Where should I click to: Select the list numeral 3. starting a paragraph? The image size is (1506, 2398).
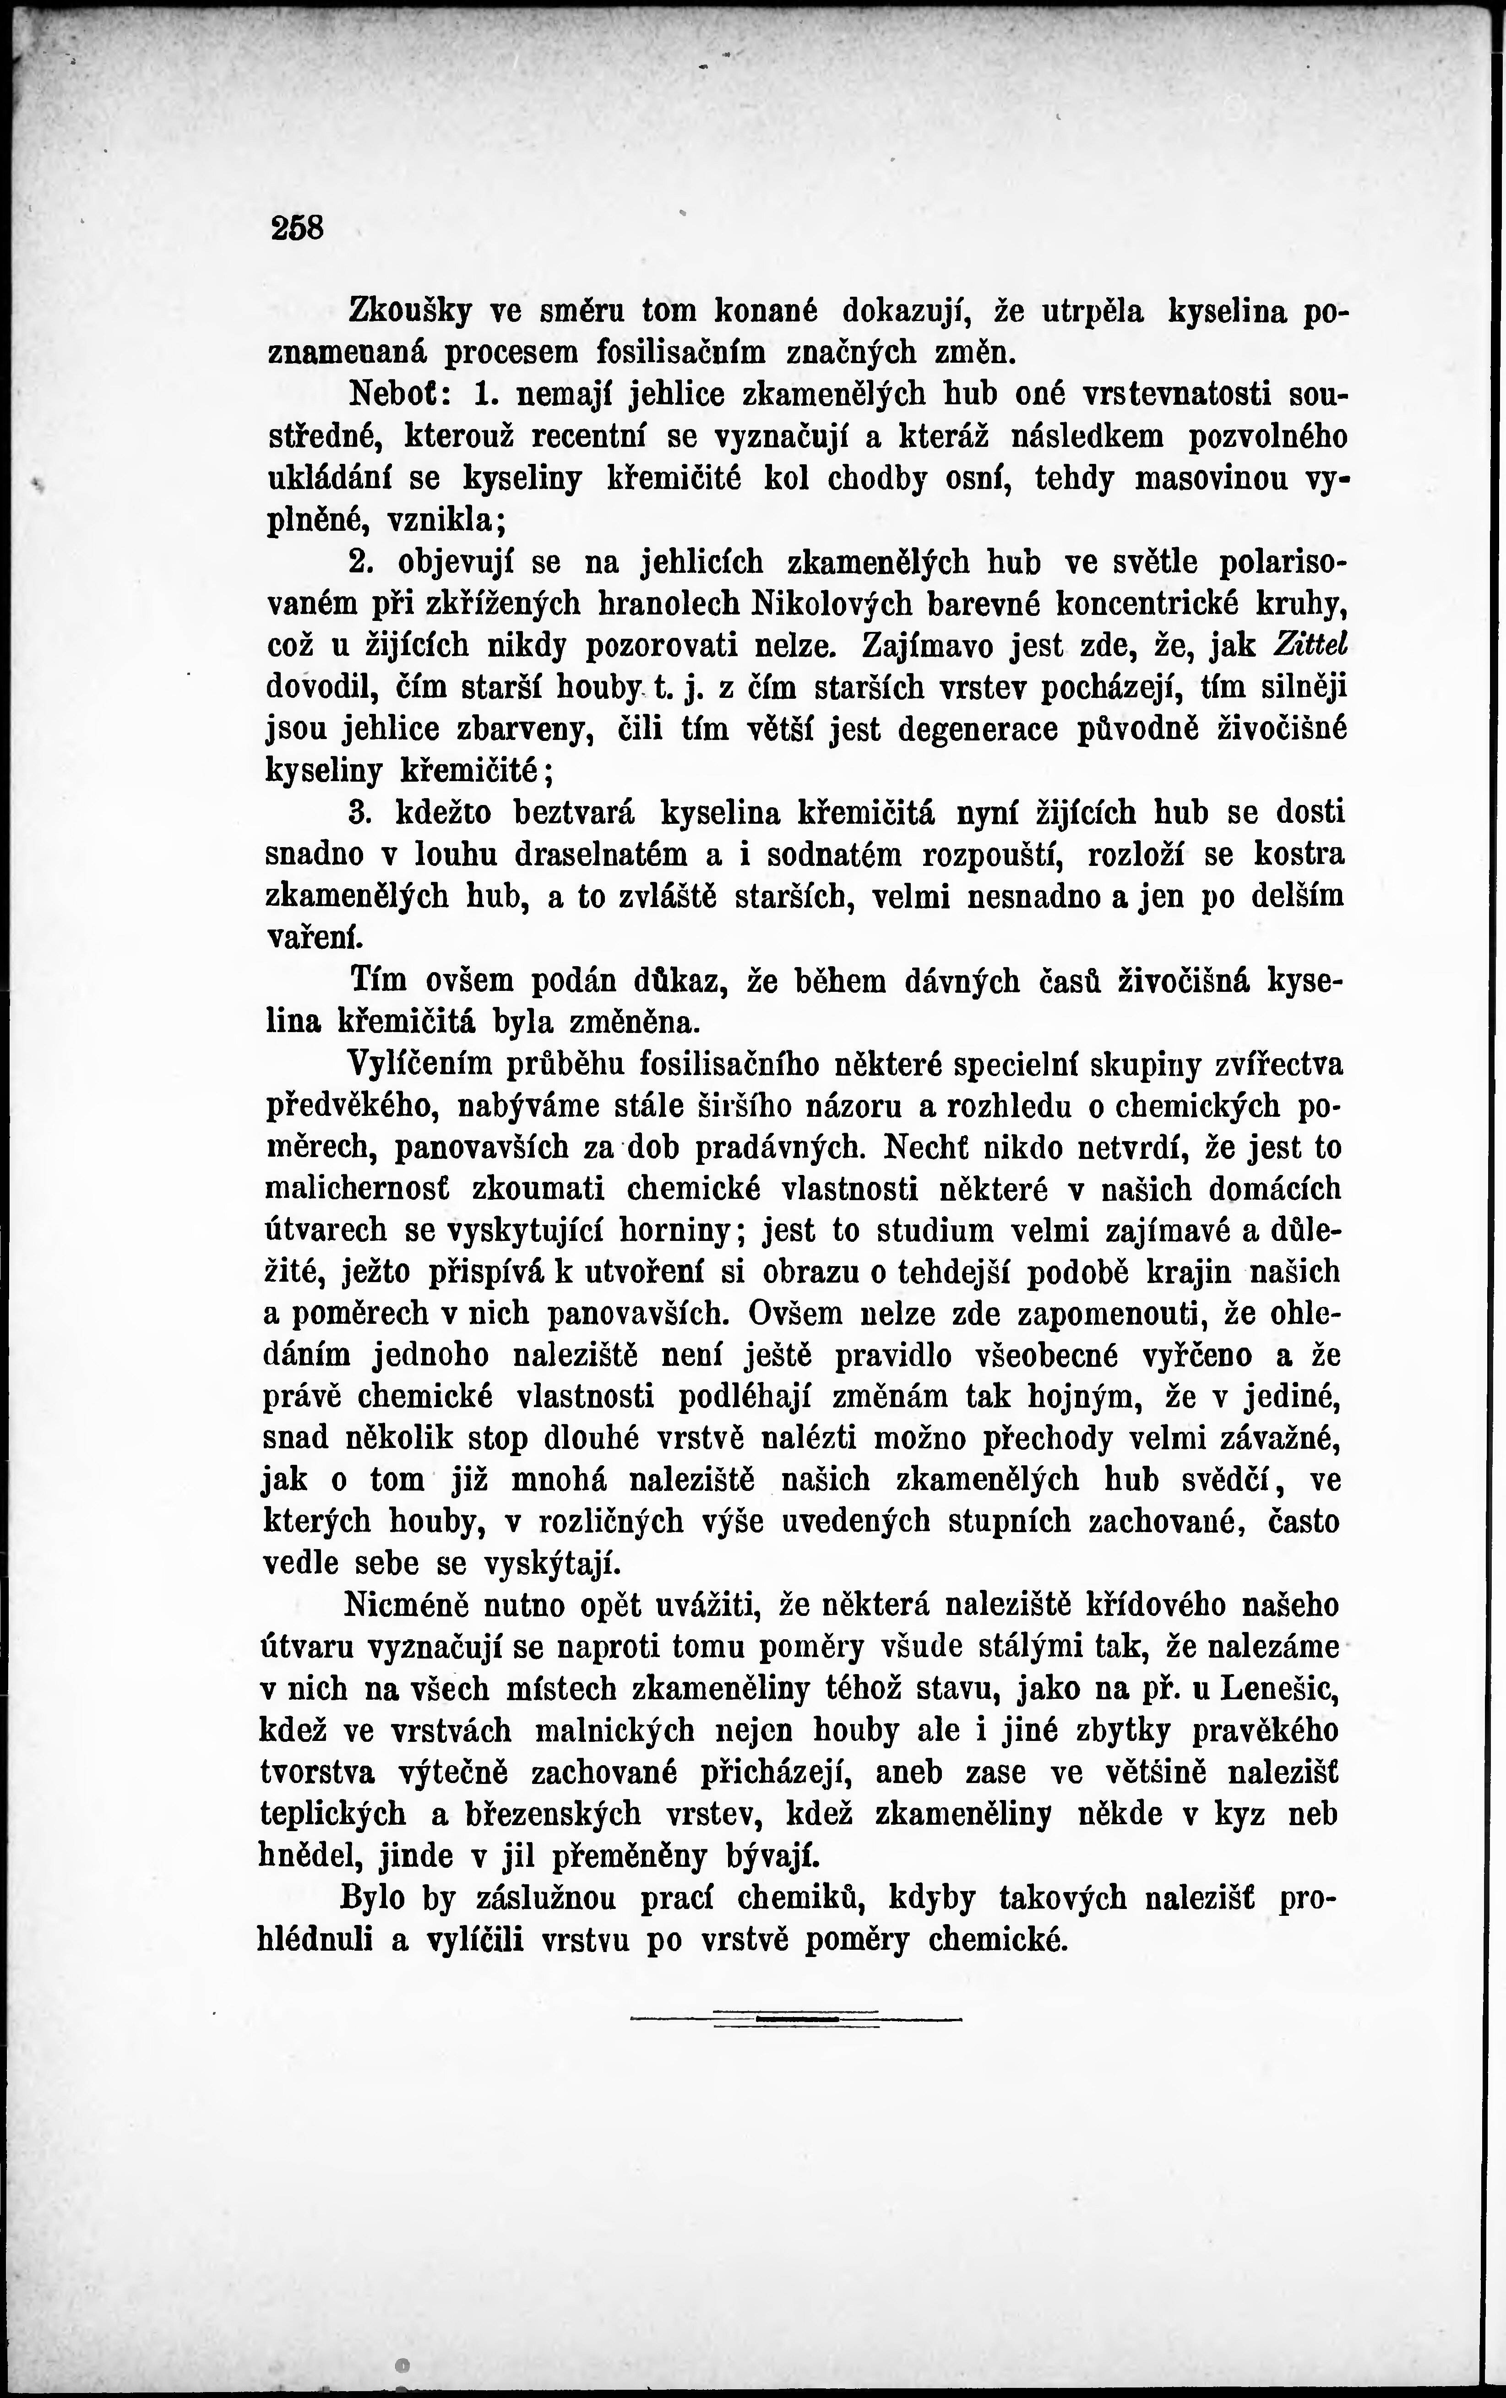(x=360, y=813)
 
